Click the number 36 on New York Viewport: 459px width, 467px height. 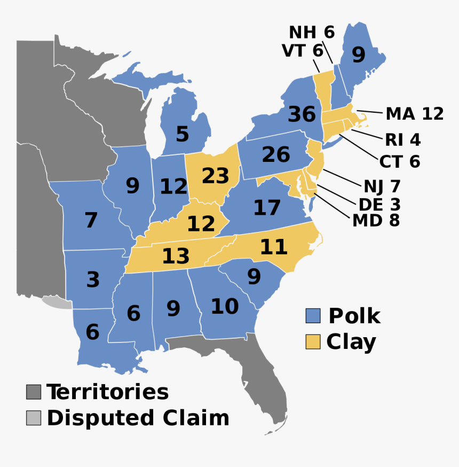click(x=302, y=114)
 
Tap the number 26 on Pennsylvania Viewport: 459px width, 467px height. click(x=275, y=154)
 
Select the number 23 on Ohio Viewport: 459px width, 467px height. click(x=215, y=175)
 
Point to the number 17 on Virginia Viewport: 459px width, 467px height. click(x=267, y=208)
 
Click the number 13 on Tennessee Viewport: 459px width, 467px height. click(x=176, y=256)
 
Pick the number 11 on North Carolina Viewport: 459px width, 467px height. click(x=273, y=247)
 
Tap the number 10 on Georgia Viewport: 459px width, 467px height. click(x=224, y=307)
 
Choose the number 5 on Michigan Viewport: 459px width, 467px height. click(x=182, y=134)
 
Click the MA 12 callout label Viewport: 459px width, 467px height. click(x=415, y=114)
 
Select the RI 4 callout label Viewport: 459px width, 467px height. click(x=402, y=140)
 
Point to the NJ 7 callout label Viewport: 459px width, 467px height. click(x=382, y=186)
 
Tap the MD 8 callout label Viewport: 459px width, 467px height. click(x=376, y=220)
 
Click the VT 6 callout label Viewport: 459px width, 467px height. click(x=302, y=51)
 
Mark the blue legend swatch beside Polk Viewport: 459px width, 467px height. click(x=313, y=316)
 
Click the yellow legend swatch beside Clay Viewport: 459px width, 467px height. click(x=313, y=341)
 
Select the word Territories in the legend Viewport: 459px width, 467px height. click(x=107, y=392)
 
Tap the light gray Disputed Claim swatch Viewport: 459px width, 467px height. click(x=33, y=418)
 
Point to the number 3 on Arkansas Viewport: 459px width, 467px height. click(x=93, y=279)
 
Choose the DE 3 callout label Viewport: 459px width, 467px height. click(x=379, y=204)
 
